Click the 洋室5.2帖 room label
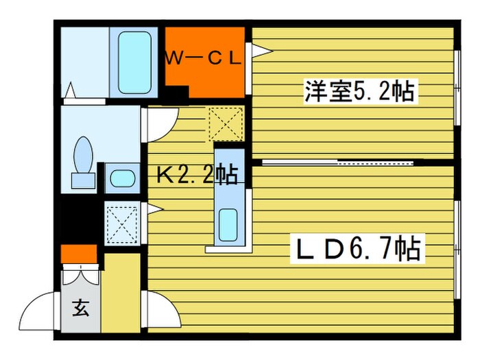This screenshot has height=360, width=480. pos(361,91)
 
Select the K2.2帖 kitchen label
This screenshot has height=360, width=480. pos(197,176)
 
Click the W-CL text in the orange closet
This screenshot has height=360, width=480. pos(203,58)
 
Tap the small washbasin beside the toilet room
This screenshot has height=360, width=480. pos(121,180)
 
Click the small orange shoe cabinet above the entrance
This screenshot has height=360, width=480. pos(79,254)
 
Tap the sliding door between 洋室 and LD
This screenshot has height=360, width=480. pos(339,163)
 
